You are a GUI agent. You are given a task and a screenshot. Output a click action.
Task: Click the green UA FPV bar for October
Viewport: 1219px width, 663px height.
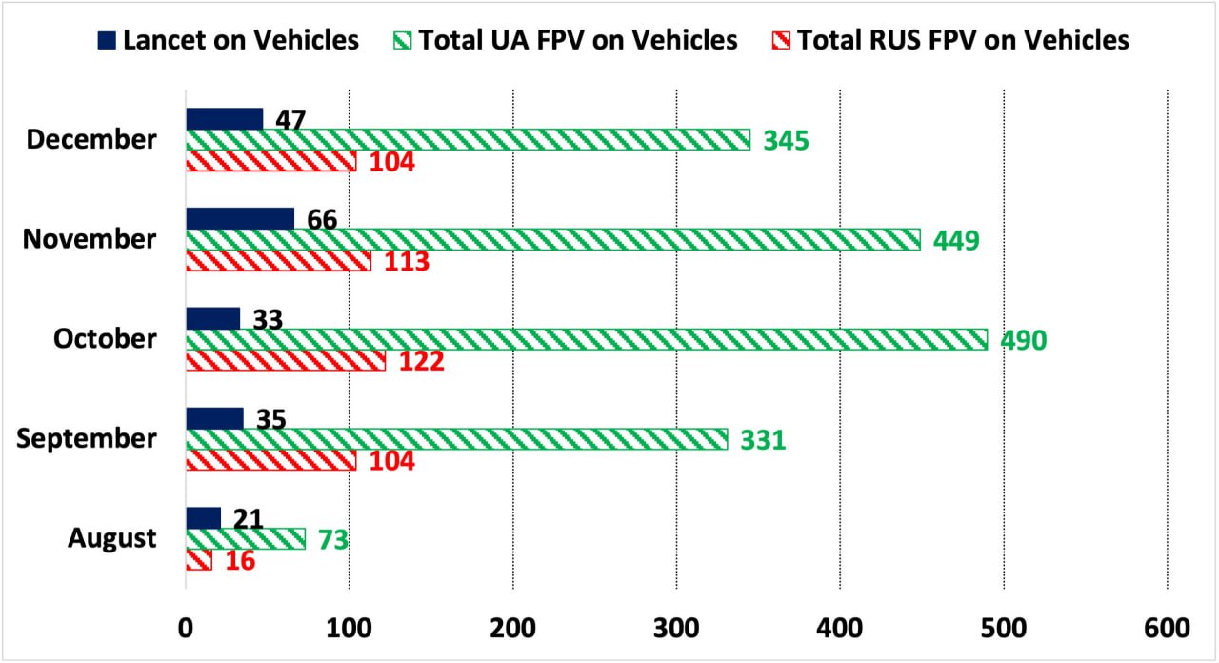pyautogui.click(x=586, y=340)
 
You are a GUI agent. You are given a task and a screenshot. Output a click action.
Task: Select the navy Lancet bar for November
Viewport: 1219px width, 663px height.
pyautogui.click(x=240, y=218)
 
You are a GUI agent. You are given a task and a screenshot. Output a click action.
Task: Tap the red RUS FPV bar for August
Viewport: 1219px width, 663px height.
pyautogui.click(x=199, y=560)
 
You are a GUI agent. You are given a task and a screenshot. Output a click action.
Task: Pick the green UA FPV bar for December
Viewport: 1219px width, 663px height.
pyautogui.click(x=468, y=140)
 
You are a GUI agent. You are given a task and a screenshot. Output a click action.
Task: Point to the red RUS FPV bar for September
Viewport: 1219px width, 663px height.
pyautogui.click(x=271, y=460)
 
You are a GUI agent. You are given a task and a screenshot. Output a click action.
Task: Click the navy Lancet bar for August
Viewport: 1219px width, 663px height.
pyautogui.click(x=204, y=517)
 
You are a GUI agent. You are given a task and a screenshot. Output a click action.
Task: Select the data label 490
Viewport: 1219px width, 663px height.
pyautogui.click(x=1023, y=340)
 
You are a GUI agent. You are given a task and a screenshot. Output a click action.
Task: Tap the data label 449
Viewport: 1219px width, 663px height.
pyautogui.click(x=956, y=240)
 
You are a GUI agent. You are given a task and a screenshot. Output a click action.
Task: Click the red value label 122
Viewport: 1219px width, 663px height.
pyautogui.click(x=422, y=362)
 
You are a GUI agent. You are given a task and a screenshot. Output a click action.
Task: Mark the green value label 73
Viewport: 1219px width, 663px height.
pyautogui.click(x=333, y=540)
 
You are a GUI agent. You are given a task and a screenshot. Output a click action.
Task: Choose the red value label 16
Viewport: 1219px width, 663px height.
pyautogui.click(x=240, y=561)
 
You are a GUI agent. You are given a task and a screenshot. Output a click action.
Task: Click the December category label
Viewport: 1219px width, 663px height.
pyautogui.click(x=91, y=140)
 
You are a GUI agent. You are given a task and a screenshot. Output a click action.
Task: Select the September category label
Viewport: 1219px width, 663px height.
pyautogui.click(x=87, y=439)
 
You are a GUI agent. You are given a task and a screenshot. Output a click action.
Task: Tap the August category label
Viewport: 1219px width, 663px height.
pyautogui.click(x=111, y=538)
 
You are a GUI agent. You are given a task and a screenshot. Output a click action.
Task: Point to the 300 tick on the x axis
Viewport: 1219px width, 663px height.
pyautogui.click(x=676, y=628)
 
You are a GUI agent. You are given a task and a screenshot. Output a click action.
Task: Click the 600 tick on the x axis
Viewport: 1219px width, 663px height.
pyautogui.click(x=1167, y=628)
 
